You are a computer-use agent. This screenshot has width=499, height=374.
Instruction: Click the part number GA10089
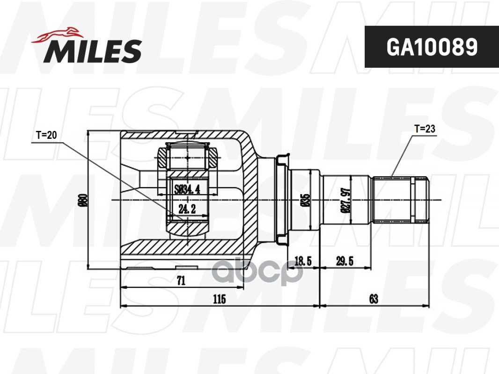431,47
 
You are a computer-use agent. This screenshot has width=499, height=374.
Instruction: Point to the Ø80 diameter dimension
83,200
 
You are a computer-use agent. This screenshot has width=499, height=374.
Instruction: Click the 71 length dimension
181,280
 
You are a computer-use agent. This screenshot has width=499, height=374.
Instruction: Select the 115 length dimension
219,299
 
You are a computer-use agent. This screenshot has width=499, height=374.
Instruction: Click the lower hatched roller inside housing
187,230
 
